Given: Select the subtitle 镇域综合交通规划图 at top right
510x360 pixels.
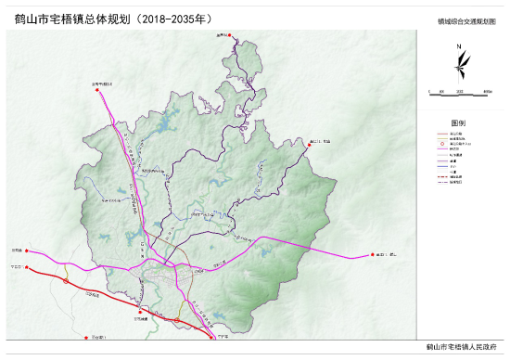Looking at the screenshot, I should (464, 19).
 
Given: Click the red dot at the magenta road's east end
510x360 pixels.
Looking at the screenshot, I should (371, 253).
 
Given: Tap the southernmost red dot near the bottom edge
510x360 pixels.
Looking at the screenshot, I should (84, 339).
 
